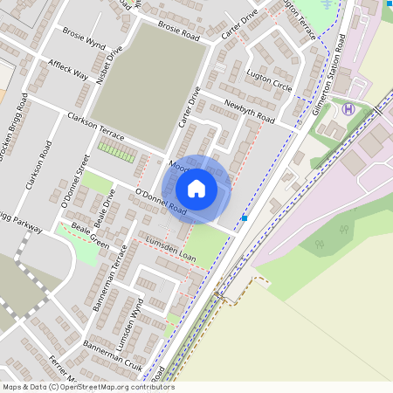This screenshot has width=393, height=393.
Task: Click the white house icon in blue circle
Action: coord(196,188)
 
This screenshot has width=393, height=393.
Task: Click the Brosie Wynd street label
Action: coord(84,36)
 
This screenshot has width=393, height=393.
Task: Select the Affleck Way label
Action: coord(68,71)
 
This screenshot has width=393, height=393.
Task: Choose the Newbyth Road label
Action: coord(249,113)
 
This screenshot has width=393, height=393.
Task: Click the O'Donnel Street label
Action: coord(73,180)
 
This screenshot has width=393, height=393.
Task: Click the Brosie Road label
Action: coord(179,32)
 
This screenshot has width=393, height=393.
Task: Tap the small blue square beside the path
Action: coord(245,217)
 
